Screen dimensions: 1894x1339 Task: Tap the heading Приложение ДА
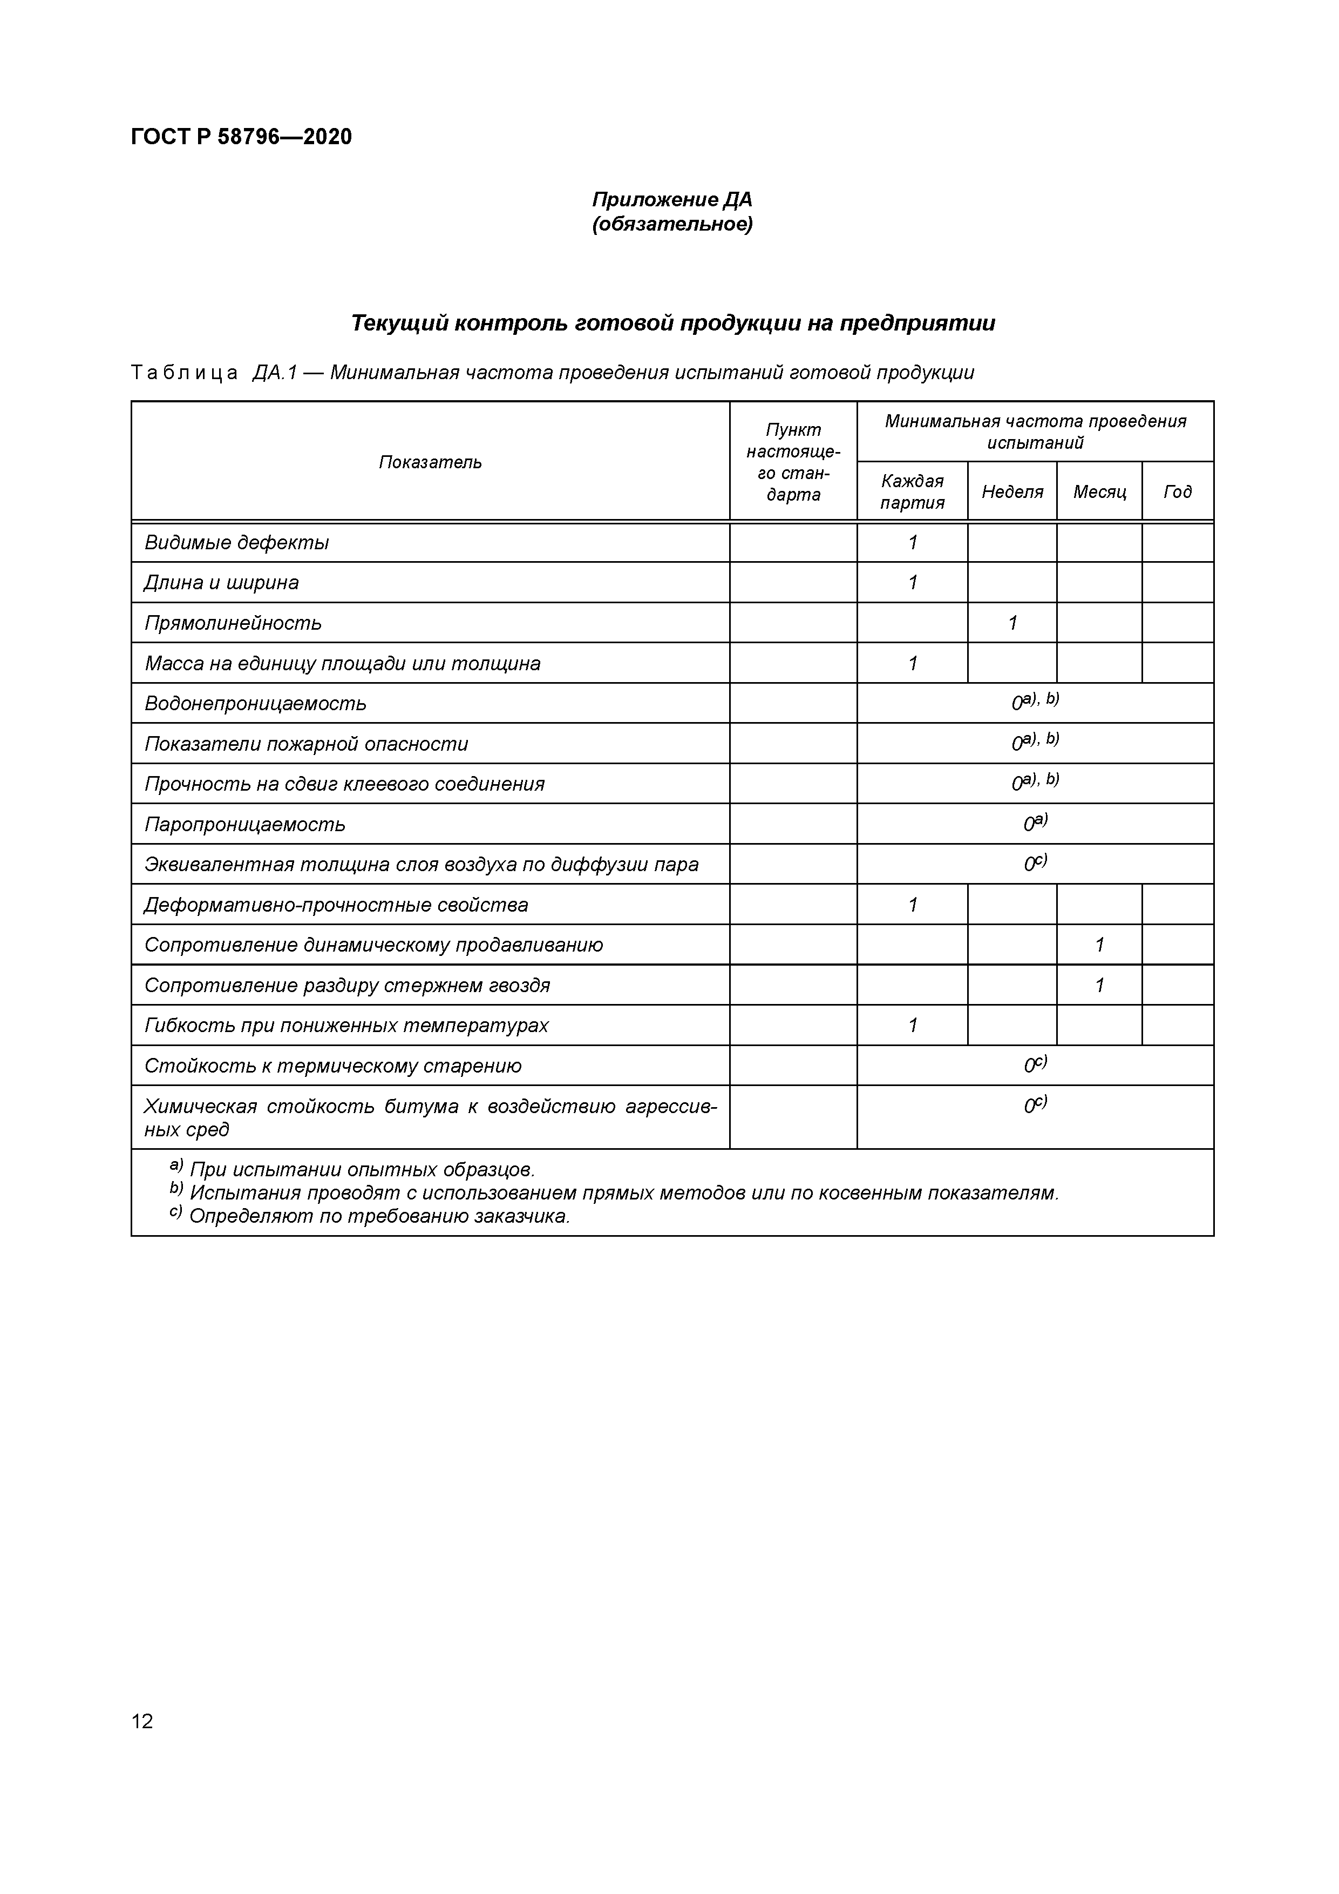pyautogui.click(x=672, y=200)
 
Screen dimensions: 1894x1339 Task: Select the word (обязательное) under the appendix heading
pyautogui.click(x=672, y=224)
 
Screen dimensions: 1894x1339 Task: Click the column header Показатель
pyautogui.click(x=430, y=462)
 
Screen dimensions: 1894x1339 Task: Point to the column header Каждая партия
pyautogui.click(x=912, y=491)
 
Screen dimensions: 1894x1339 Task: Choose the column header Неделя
pyautogui.click(x=1011, y=491)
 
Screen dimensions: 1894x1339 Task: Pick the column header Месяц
pyautogui.click(x=1099, y=491)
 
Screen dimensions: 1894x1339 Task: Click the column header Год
pyautogui.click(x=1178, y=491)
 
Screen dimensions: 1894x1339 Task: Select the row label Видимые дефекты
pyautogui.click(x=236, y=543)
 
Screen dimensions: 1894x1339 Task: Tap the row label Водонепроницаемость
pyautogui.click(x=255, y=704)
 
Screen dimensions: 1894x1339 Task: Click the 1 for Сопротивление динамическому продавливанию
pyautogui.click(x=1099, y=945)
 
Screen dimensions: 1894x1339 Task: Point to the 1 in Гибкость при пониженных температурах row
pyautogui.click(x=913, y=1026)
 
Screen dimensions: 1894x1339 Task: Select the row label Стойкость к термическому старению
pyautogui.click(x=332, y=1066)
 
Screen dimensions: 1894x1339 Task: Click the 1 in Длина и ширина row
pyautogui.click(x=913, y=582)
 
